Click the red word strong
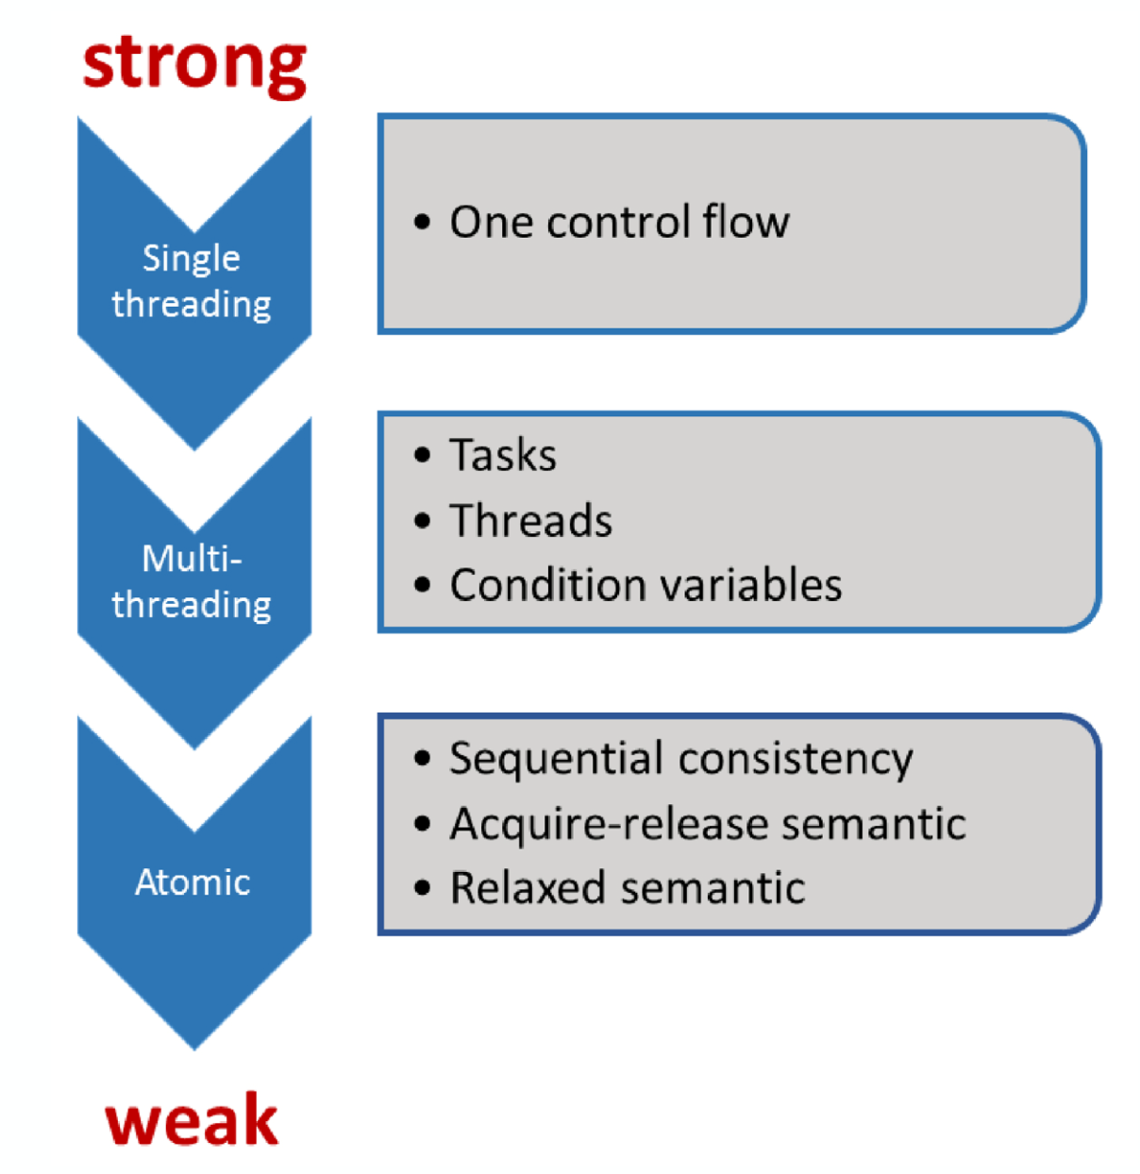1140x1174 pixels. [194, 66]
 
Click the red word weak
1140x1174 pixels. [192, 1120]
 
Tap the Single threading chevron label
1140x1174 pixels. [192, 280]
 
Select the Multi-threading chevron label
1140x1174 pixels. [192, 581]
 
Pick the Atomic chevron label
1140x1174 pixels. [193, 882]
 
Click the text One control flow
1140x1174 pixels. [619, 222]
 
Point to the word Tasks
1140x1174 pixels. [503, 454]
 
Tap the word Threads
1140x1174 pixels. [530, 519]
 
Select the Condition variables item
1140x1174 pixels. [646, 584]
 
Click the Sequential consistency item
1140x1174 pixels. [681, 759]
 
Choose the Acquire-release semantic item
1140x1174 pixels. [708, 824]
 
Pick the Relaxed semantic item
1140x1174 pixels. [628, 887]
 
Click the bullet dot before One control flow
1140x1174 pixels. [423, 222]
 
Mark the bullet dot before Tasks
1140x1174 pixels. [423, 455]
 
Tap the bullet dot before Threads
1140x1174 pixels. [423, 520]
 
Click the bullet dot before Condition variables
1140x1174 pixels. [423, 584]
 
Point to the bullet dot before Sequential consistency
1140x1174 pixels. [423, 758]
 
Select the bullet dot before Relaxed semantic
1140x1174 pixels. [423, 888]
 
